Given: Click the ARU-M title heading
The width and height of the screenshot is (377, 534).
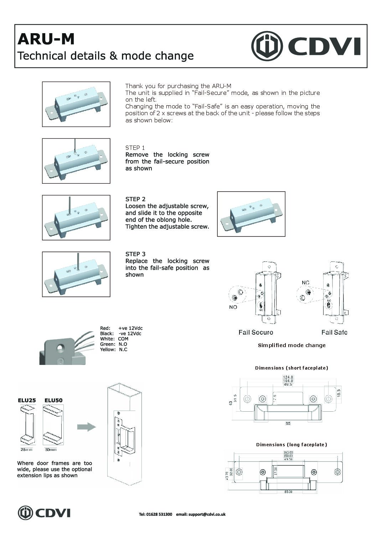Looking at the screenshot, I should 46,39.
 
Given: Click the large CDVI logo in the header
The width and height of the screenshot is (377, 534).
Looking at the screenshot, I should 306,46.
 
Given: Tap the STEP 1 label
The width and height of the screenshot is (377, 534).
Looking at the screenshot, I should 135,148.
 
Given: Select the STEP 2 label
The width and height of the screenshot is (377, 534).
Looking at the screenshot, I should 135,199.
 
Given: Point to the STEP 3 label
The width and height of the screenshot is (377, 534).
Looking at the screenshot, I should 135,254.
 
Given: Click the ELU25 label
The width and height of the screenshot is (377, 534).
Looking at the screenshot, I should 27,400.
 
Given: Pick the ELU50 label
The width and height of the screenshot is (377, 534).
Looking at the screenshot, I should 53,400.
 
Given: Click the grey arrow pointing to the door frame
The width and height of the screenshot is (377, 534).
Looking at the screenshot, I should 87,427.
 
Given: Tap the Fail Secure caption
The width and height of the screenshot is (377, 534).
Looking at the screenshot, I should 256,332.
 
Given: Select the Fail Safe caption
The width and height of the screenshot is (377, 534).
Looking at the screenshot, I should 334,332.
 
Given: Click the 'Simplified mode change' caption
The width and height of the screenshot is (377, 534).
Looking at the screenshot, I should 291,345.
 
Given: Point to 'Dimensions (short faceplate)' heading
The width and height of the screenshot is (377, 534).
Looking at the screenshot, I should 291,368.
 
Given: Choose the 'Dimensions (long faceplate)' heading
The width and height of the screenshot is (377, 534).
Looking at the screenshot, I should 291,444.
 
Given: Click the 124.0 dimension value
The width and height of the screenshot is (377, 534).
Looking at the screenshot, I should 288,377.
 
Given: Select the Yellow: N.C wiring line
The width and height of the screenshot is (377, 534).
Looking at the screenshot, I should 114,350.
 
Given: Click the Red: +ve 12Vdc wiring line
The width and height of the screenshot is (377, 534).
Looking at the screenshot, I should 121,328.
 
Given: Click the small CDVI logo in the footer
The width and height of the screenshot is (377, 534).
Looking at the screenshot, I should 44,513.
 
